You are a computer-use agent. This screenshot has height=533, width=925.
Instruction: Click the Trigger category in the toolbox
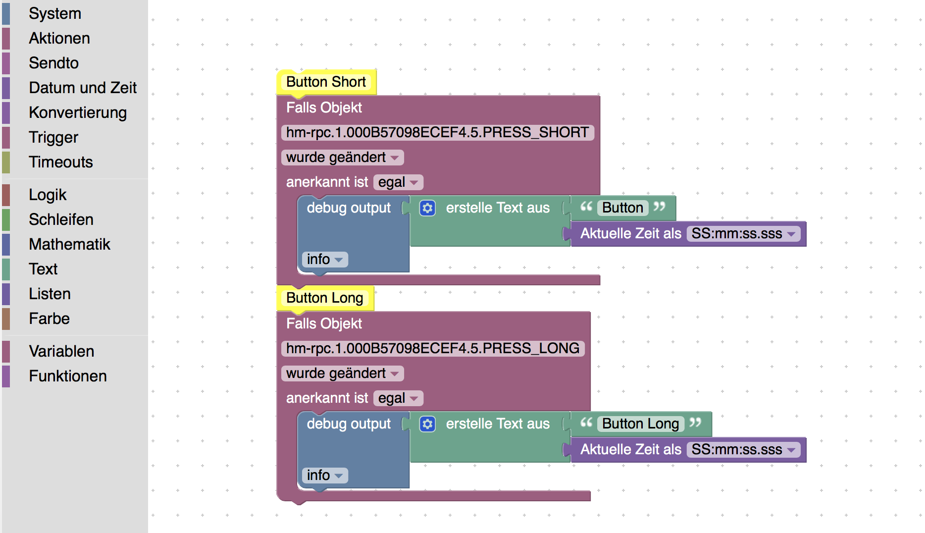point(53,137)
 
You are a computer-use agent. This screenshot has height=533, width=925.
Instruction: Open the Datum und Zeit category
point(83,88)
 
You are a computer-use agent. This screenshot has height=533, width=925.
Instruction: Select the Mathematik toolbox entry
point(69,244)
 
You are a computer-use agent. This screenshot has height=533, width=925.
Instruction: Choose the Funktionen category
point(68,376)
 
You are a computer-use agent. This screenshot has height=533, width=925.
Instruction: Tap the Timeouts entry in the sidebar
point(61,162)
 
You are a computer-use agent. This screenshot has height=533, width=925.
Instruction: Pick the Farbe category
point(49,319)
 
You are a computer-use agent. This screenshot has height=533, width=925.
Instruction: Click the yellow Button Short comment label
point(326,82)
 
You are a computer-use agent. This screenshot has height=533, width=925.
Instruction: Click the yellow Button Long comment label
point(325,298)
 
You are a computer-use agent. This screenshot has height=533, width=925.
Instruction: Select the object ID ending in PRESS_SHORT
point(438,132)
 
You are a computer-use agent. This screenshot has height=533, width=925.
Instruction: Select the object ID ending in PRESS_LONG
point(433,348)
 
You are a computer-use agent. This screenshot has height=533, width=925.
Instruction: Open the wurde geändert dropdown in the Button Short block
point(343,158)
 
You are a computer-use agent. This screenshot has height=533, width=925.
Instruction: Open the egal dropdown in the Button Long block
point(398,398)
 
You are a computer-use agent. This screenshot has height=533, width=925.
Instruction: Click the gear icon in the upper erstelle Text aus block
point(427,208)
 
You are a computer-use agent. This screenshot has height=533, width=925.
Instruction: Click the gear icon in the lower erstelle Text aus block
point(427,424)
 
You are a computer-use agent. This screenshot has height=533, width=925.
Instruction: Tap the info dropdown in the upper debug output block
point(325,259)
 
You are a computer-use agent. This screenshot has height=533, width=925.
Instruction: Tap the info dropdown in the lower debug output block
point(325,475)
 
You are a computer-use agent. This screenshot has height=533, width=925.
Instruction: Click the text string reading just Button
point(622,208)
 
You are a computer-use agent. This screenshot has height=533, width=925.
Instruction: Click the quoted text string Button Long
point(641,424)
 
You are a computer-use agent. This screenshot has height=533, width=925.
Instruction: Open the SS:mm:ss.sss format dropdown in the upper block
point(743,233)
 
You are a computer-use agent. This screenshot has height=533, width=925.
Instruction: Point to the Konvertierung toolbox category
point(78,112)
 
